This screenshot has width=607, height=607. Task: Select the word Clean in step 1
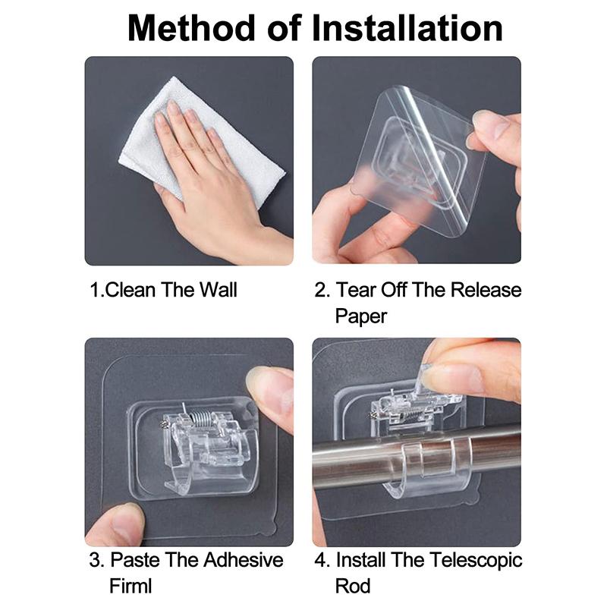[x=131, y=290]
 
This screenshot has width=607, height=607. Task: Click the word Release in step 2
[x=486, y=290]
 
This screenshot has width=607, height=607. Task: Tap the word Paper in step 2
[x=361, y=316]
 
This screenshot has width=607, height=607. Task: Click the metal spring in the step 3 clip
[x=200, y=419]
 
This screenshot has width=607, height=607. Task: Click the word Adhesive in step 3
[x=243, y=560]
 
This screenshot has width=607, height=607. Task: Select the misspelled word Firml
[x=131, y=586]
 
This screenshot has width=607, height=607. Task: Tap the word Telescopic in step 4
[x=476, y=561]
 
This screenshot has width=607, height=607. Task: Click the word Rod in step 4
[x=353, y=586]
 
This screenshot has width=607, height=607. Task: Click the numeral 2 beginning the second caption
[x=320, y=290]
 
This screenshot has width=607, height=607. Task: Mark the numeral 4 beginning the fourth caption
[x=320, y=560]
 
